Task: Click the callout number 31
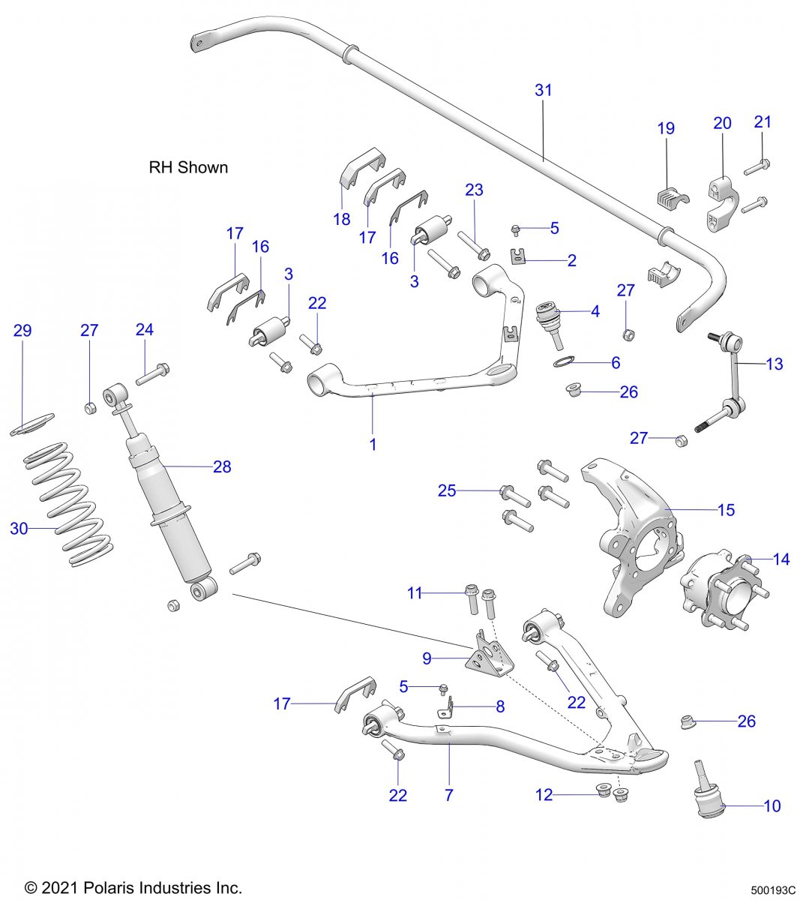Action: pos(544,90)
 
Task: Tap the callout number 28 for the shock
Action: pos(222,466)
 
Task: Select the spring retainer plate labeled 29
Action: pos(34,423)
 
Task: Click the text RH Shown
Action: pos(188,167)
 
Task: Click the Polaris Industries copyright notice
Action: pos(133,888)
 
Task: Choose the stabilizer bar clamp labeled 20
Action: pos(722,202)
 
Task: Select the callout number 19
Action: pos(666,128)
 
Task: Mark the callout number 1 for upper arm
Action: pos(373,444)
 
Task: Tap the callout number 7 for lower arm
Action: pos(448,795)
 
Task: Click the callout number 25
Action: pos(447,490)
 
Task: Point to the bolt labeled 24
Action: pos(154,373)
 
